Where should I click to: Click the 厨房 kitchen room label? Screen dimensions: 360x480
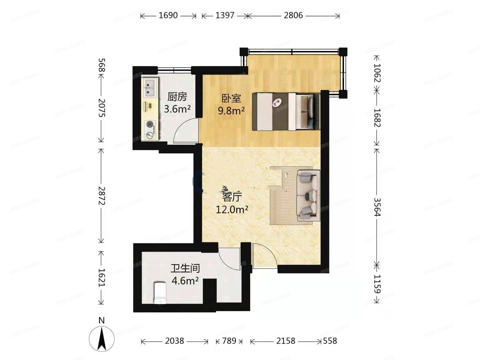coord(177,97)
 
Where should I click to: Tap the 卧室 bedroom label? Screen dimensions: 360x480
coord(231,98)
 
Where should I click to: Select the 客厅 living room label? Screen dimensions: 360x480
coord(232,197)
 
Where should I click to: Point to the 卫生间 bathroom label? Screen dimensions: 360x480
coord(185,268)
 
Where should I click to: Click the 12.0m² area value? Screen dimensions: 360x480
coord(232,210)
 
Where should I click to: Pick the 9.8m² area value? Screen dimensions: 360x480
coord(231,110)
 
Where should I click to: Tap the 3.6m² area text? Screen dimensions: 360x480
coord(177,109)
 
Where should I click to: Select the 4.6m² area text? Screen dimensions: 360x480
coord(185,281)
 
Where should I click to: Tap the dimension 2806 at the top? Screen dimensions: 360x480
coord(293,15)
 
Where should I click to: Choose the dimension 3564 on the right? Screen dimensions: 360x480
coord(377,207)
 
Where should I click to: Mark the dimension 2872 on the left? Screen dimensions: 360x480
coord(102,196)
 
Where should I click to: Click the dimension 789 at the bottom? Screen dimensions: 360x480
coord(229,341)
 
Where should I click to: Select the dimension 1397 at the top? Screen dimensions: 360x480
coord(225,15)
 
